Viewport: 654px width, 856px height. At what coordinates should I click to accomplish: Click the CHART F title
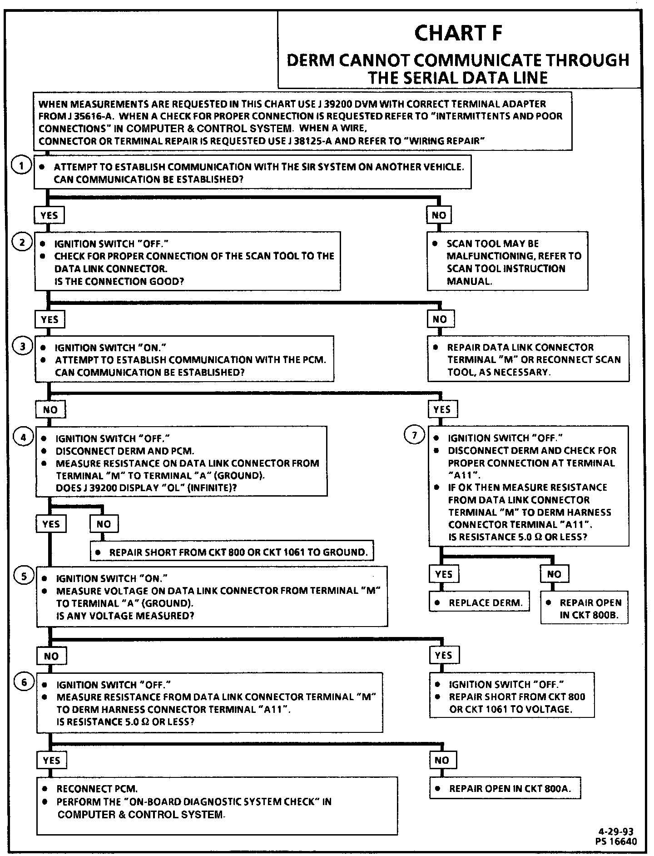[459, 34]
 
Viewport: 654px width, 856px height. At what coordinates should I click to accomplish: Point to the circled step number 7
[414, 436]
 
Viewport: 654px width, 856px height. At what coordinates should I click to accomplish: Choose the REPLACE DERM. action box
[479, 603]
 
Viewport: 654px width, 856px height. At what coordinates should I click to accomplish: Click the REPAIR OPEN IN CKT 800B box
[584, 608]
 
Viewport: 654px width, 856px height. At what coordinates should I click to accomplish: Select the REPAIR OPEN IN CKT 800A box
[505, 789]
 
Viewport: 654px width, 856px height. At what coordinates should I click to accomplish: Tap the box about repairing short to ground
[232, 552]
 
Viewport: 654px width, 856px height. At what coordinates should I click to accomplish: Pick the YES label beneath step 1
[49, 215]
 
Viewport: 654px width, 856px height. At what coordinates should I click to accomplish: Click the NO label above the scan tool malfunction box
[439, 215]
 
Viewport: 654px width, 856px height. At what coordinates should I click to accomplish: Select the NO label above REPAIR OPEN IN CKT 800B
[554, 574]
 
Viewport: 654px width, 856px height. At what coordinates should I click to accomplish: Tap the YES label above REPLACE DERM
[443, 574]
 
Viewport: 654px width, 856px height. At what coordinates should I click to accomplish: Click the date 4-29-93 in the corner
[615, 831]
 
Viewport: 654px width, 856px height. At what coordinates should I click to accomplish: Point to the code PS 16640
[616, 841]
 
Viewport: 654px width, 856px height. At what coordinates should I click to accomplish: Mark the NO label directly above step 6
[51, 656]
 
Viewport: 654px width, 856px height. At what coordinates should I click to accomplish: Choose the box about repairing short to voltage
[512, 697]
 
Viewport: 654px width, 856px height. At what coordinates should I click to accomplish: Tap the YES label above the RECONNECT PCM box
[51, 761]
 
